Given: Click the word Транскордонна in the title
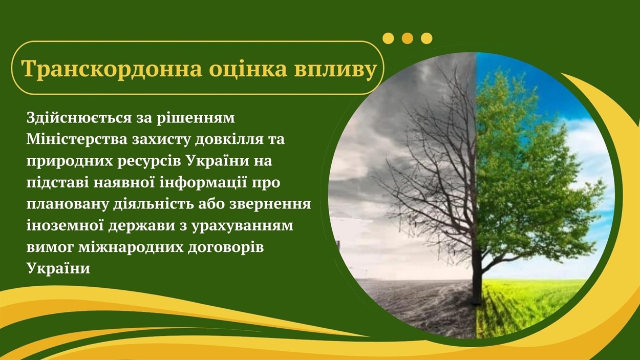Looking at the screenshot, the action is pos(112,69).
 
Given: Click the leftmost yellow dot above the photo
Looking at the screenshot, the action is pos(388,38).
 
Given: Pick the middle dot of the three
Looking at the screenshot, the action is pos(408,38).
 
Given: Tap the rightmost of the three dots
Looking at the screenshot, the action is pos(426,38).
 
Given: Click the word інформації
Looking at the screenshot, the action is pos(203,183).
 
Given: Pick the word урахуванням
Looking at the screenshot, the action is pos(243,226).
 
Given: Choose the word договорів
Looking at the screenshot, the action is pos(226,248).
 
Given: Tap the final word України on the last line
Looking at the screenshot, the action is pos(58,268).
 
